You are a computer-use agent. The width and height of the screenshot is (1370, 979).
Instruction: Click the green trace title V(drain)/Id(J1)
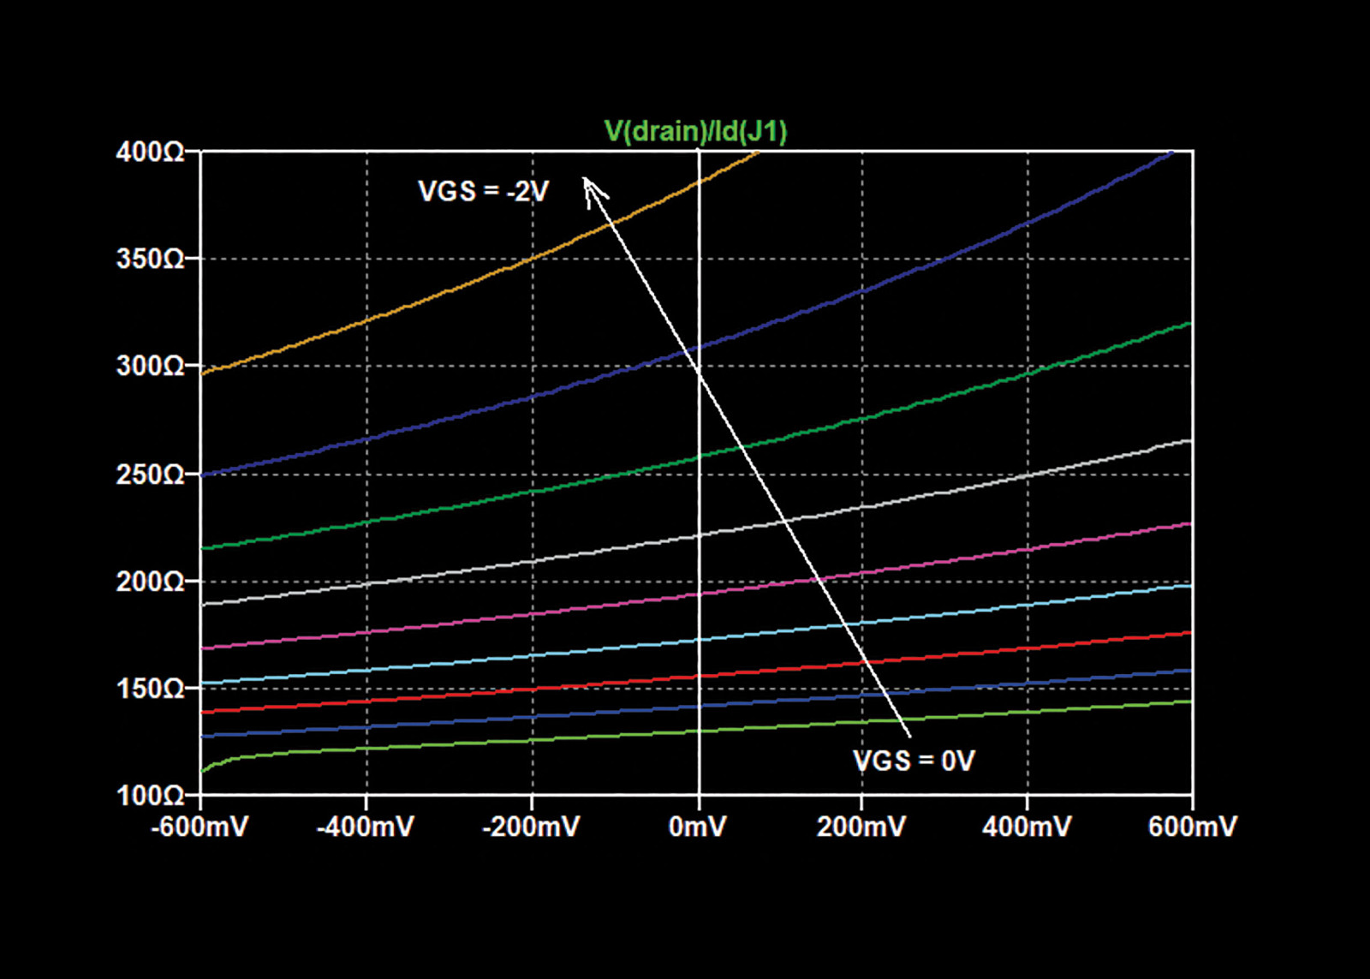tap(694, 132)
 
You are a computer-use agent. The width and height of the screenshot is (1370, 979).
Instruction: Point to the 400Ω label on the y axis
tap(150, 152)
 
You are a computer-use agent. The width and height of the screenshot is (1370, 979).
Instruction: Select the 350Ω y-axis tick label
tap(150, 259)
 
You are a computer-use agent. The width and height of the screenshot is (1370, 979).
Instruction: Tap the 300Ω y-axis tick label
tap(150, 366)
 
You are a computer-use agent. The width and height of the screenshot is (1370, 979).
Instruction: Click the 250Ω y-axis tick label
tap(150, 475)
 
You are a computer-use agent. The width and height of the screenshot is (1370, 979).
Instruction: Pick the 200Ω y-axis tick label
tap(150, 582)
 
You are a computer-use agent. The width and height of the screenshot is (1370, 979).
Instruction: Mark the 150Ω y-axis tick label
tap(150, 689)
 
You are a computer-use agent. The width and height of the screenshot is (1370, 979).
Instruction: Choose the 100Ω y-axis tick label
tap(150, 796)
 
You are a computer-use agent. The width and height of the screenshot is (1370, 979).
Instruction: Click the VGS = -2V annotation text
tap(483, 192)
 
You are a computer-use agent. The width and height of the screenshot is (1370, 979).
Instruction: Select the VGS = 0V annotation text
tap(914, 761)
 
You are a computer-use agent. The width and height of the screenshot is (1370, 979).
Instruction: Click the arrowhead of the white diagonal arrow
tap(584, 178)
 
